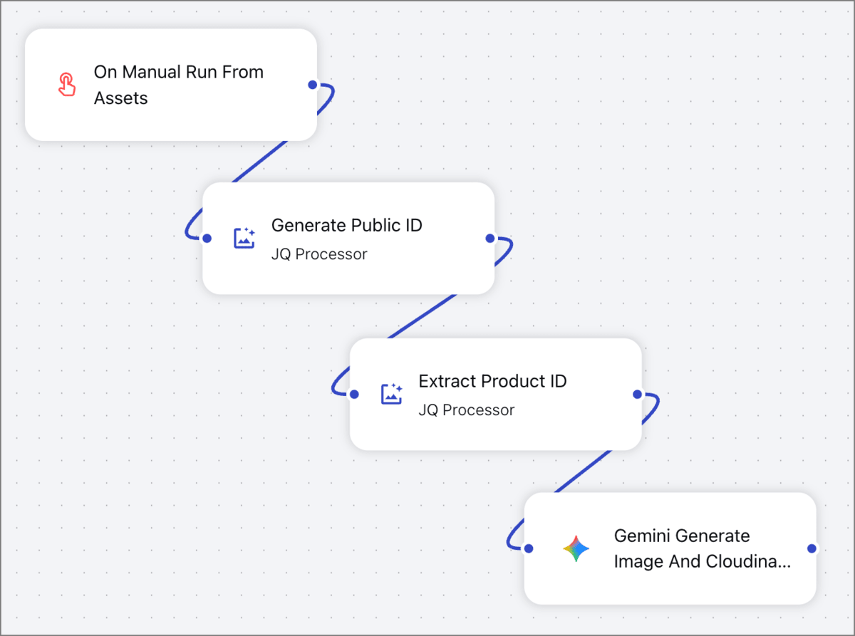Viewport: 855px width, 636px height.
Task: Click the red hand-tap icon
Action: pos(66,85)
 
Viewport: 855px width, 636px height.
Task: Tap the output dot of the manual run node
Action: pos(312,85)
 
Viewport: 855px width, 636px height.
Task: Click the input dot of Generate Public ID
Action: pos(207,239)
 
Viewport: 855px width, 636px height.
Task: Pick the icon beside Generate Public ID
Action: pos(244,238)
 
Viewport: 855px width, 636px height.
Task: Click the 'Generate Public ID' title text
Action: pos(346,225)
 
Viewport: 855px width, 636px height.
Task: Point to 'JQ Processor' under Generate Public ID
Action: pos(318,254)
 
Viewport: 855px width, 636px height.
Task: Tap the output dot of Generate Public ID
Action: pos(489,239)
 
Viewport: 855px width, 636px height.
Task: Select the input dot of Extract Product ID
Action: pos(354,394)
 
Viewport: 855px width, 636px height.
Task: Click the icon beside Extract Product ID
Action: pos(392,394)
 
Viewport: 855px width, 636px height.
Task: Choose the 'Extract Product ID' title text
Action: pos(492,381)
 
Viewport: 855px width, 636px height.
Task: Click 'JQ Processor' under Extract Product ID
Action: pos(466,410)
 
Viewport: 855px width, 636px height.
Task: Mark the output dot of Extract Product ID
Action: pos(637,394)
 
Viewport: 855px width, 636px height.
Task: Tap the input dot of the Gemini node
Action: pos(528,548)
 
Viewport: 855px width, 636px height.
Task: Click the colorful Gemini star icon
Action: pos(576,548)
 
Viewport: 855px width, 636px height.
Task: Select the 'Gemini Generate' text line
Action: pos(681,536)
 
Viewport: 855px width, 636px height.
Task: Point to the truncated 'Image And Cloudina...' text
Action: pos(702,562)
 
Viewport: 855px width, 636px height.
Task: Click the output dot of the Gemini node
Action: pos(811,548)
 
